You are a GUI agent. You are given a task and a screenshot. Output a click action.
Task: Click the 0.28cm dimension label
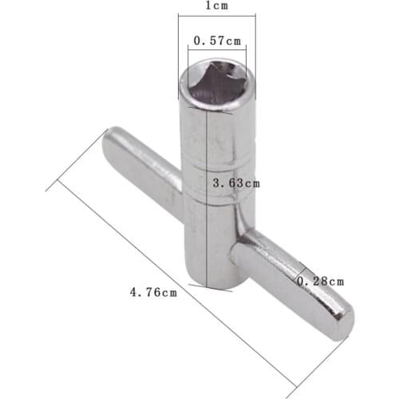click(321, 281)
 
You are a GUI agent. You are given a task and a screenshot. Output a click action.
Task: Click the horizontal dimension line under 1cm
click(211, 20)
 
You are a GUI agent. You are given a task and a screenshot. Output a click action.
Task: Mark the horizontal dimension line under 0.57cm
click(216, 49)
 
